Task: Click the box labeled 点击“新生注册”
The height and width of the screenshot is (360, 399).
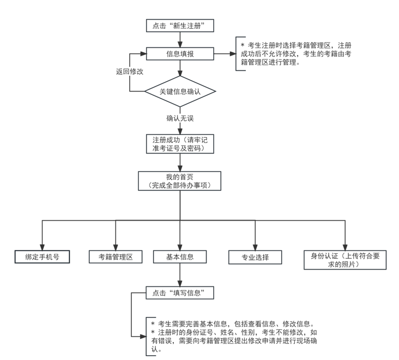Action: pyautogui.click(x=180, y=26)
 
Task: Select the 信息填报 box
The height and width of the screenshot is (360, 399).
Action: pyautogui.click(x=180, y=54)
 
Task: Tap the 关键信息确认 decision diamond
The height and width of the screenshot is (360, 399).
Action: pyautogui.click(x=180, y=91)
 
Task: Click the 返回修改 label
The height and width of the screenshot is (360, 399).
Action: pyautogui.click(x=130, y=72)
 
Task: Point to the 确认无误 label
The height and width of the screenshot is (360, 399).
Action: pyautogui.click(x=180, y=118)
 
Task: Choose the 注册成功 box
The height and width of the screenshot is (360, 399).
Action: pyautogui.click(x=180, y=143)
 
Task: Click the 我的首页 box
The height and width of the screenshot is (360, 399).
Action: pyautogui.click(x=180, y=181)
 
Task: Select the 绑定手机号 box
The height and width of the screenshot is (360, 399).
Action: pyautogui.click(x=43, y=257)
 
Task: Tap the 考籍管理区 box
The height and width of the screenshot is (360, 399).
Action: pyautogui.click(x=116, y=257)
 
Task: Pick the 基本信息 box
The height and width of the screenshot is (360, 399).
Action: pyautogui.click(x=180, y=257)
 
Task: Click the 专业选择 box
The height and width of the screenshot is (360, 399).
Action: pyautogui.click(x=255, y=257)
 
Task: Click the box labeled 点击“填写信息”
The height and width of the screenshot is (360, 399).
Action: pyautogui.click(x=180, y=293)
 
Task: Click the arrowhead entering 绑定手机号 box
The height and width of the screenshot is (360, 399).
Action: pyautogui.click(x=43, y=246)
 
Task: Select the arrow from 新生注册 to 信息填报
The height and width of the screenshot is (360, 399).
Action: pyautogui.click(x=180, y=40)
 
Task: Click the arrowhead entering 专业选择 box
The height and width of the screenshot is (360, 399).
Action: pyautogui.click(x=255, y=246)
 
